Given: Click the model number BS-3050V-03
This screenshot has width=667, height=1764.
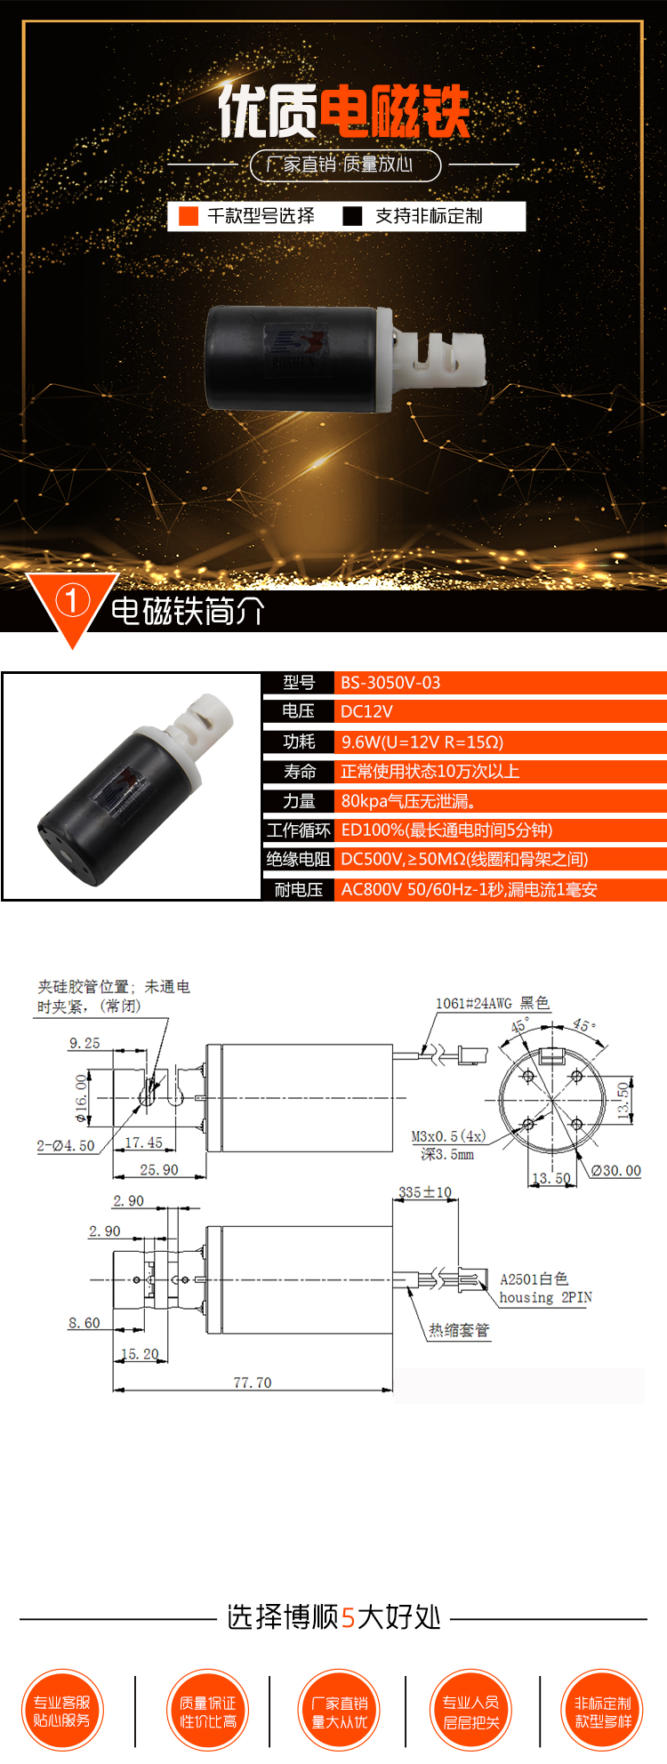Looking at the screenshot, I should click(390, 683).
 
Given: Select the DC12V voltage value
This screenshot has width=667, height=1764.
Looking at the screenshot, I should click(366, 711).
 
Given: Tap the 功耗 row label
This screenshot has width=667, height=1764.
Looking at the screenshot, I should click(299, 742).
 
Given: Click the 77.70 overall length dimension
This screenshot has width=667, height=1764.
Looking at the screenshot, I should click(253, 1383).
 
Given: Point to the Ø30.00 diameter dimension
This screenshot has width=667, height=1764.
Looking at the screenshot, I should click(616, 1170).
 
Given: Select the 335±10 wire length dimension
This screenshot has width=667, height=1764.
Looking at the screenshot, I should click(425, 1192).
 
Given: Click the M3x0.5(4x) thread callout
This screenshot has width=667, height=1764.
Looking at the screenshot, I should click(448, 1136).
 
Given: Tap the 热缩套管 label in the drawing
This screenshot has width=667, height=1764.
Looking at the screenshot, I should click(459, 1330).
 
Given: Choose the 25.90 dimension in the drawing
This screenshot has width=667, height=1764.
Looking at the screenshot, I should click(159, 1170).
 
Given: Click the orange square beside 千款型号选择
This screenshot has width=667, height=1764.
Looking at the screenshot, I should click(189, 216).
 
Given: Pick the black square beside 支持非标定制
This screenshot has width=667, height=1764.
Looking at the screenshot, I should click(353, 216).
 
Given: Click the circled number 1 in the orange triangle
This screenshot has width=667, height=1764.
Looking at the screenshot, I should click(72, 601).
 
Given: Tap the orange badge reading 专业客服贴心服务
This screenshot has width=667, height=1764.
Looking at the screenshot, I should click(62, 1711).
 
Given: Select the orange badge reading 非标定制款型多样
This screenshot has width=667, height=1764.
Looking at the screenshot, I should click(603, 1711).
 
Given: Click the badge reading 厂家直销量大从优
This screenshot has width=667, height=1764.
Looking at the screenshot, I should click(340, 1712).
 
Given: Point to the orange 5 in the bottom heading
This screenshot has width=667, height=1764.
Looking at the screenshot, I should click(349, 1617).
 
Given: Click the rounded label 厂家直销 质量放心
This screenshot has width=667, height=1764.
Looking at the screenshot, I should click(345, 164).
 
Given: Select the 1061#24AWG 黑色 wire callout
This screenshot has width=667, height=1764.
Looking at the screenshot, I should click(492, 1003).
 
